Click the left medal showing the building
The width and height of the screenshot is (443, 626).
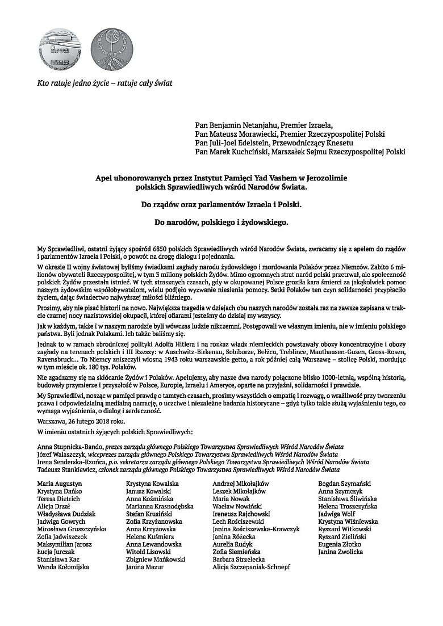(56, 44)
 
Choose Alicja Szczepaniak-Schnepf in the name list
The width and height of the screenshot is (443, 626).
(251, 566)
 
